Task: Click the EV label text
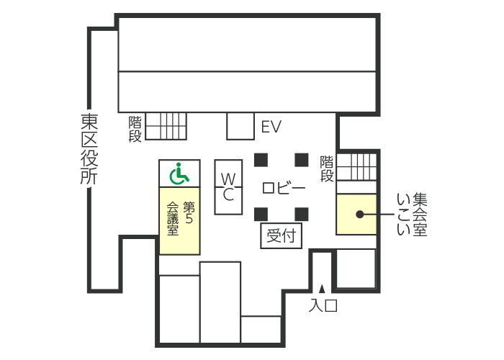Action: pos(271,127)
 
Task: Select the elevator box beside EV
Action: pos(240,126)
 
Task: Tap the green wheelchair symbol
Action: pos(179,173)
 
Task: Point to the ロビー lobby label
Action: pos(283,189)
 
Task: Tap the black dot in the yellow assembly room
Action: pos(359,214)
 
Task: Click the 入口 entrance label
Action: pos(323,305)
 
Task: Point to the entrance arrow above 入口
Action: pos(323,289)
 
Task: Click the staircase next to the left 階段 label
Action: pos(166,126)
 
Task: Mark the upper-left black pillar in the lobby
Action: pos(261,158)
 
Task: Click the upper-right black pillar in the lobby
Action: pos(302,158)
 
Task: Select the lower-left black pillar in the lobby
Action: pos(261,212)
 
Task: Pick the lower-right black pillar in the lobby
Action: pos(302,212)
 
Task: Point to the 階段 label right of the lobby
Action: pos(327,168)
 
